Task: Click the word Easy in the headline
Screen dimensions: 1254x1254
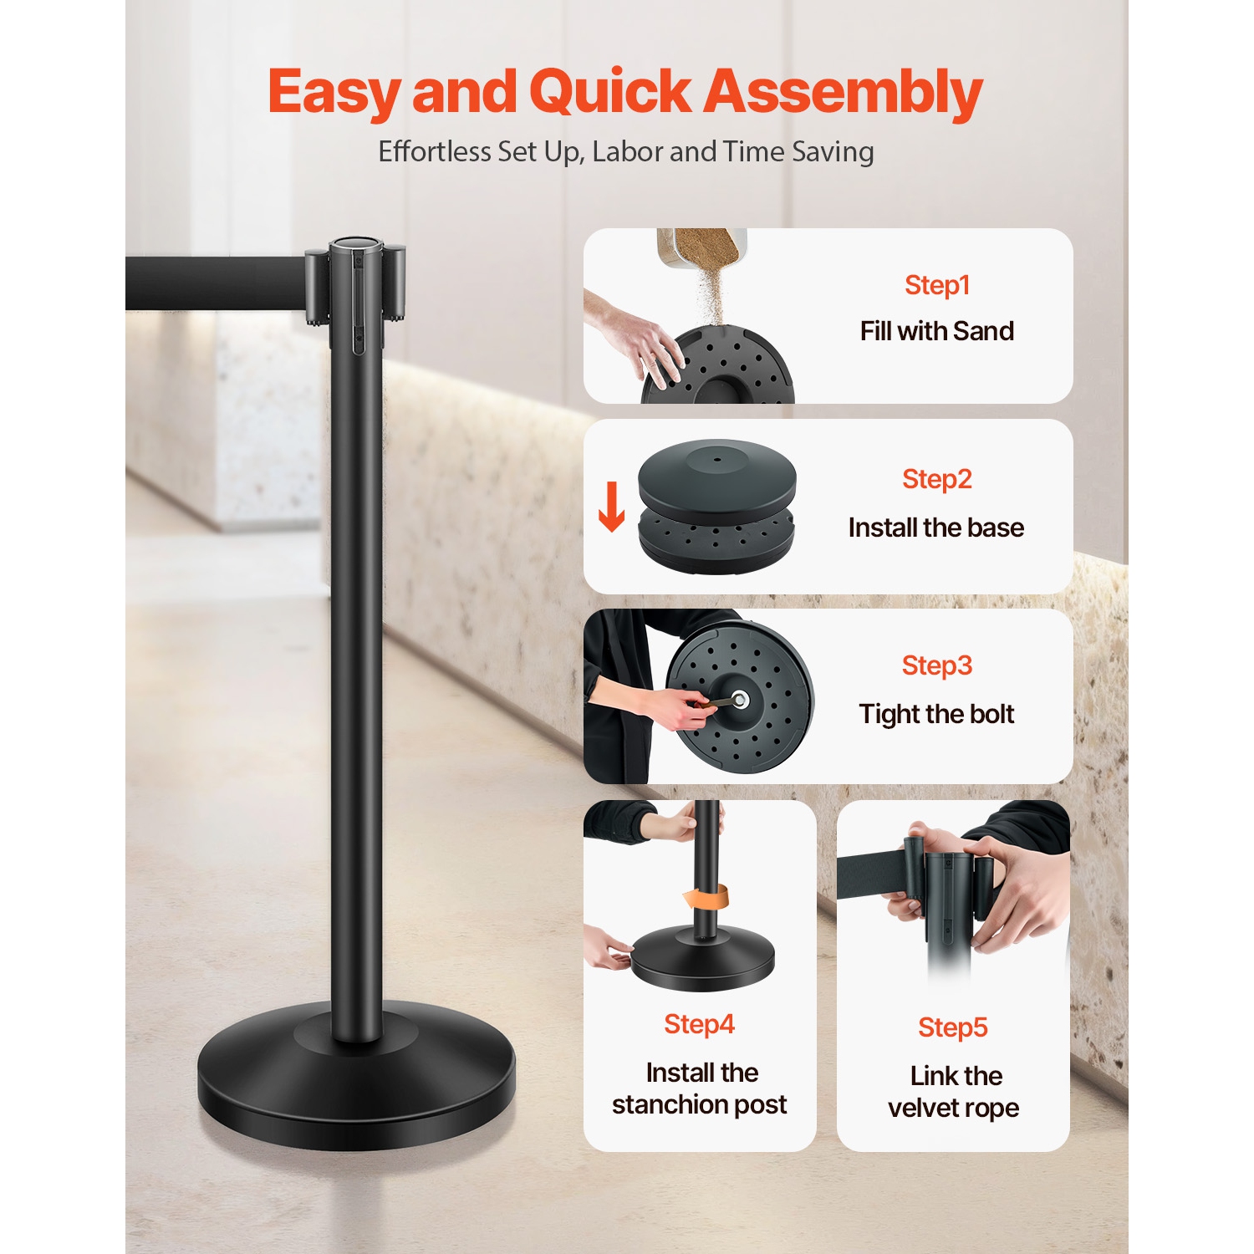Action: (334, 92)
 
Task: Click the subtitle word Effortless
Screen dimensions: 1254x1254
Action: (434, 152)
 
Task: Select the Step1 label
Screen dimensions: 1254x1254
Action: (936, 286)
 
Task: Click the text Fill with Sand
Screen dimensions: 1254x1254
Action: (936, 331)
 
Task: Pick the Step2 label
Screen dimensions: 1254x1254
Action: (936, 480)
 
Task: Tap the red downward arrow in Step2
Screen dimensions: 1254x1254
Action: (611, 507)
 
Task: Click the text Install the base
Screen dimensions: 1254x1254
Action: (935, 528)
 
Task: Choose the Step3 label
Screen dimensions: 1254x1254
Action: (936, 666)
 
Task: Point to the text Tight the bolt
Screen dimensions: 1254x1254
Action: (936, 714)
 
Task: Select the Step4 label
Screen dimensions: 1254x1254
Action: (699, 1024)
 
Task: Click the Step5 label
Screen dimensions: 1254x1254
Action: (952, 1027)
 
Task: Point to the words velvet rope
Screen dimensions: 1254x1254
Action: (953, 1108)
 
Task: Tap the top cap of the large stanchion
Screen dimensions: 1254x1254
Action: (355, 246)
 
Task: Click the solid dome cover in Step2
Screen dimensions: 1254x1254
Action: (716, 473)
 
